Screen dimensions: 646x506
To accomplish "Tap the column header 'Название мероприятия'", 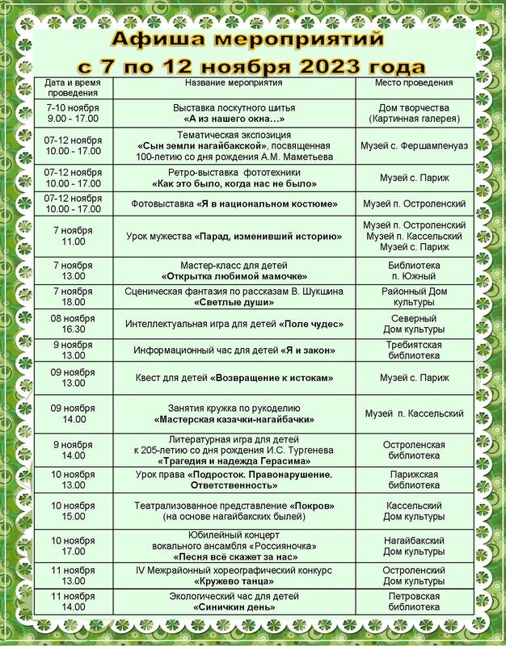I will [x=234, y=83].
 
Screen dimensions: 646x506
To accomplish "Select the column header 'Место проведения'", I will [x=414, y=83].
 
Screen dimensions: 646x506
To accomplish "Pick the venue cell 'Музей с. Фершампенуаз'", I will [x=414, y=145].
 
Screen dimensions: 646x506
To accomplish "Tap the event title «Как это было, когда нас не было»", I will [x=234, y=183].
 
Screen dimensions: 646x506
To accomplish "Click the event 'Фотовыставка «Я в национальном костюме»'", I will [x=234, y=203].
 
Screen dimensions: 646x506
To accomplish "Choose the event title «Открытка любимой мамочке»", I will [x=234, y=276].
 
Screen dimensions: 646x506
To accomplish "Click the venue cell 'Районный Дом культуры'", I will [x=414, y=296].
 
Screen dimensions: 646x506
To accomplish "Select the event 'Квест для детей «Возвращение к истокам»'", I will [x=234, y=378].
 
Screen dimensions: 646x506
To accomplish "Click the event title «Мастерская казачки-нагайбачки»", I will [x=234, y=420].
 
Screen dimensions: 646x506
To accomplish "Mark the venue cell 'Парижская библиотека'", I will [x=414, y=480].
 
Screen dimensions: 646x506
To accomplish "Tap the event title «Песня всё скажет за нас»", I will [x=234, y=557].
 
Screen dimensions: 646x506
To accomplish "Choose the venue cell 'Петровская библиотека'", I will [x=414, y=602].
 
